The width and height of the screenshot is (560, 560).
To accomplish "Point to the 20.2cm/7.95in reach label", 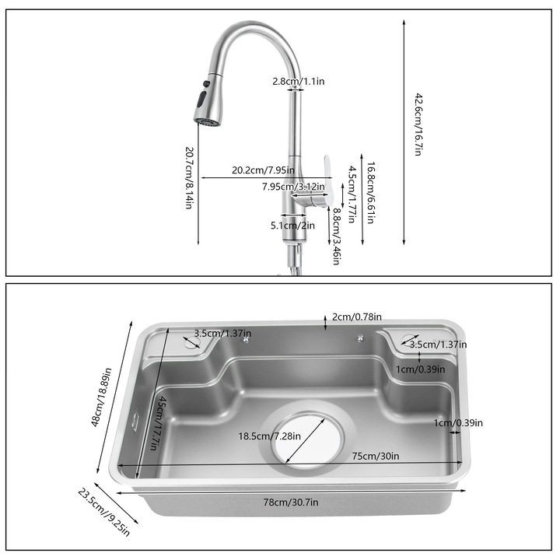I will click(263, 170).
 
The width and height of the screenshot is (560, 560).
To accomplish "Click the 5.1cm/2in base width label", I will click(292, 226).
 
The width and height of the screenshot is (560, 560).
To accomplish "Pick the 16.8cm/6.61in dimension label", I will click(371, 193).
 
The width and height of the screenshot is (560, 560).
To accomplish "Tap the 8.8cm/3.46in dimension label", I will click(336, 235).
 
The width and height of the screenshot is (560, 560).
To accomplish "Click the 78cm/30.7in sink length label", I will click(290, 502).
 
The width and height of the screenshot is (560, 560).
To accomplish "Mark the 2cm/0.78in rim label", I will click(357, 317).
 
